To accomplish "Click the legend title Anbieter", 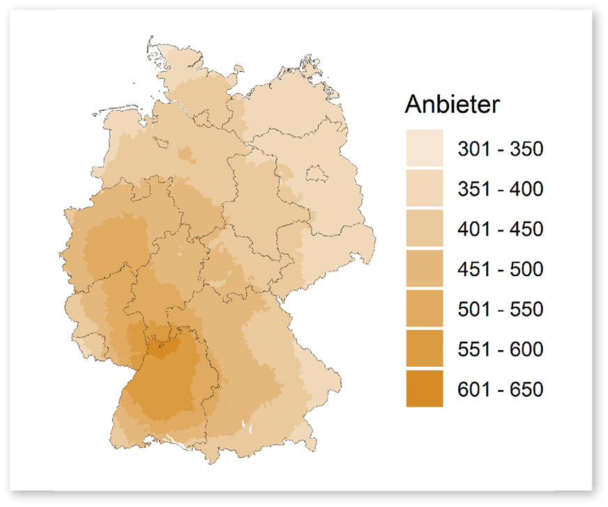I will [x=452, y=106].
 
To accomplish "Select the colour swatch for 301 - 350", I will [x=424, y=148].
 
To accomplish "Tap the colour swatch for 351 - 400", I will [x=424, y=188].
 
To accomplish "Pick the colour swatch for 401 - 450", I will [x=424, y=228].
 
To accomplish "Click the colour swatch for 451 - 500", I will [x=424, y=268].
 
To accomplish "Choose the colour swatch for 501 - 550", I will [x=424, y=308].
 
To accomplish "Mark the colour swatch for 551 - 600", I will [x=424, y=349].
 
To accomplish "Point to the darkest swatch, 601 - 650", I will [x=424, y=388].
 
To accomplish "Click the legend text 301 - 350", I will [x=499, y=149].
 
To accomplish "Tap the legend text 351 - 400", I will [x=499, y=189].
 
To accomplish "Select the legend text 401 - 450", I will [x=499, y=229].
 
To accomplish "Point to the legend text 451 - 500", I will [x=499, y=269].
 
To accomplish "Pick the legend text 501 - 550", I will [x=499, y=309].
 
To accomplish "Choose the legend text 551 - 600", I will [x=499, y=349].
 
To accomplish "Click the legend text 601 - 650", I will [x=499, y=389].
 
